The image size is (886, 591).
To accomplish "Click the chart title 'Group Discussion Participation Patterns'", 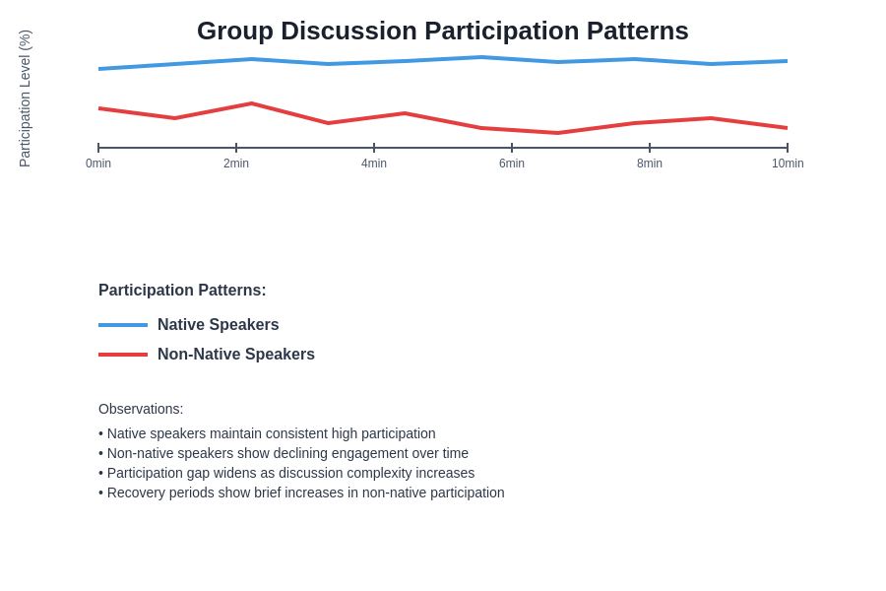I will tap(442, 31).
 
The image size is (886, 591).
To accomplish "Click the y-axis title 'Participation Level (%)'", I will tap(25, 98).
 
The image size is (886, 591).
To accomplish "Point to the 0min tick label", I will tap(98, 164).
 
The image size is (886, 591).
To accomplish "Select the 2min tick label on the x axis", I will tap(236, 164).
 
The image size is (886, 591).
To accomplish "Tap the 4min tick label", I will tap(374, 164).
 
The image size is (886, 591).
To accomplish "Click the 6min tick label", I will tap(512, 164).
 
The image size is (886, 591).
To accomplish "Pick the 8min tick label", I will tap(650, 164).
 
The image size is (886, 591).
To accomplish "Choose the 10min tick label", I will tap(788, 164).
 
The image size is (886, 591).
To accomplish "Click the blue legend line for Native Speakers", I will tap(123, 325).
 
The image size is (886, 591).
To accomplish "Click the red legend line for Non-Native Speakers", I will tap(123, 355).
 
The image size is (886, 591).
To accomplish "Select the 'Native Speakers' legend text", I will tap(218, 325).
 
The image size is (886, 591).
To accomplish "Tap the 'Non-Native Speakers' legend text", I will tap(236, 355).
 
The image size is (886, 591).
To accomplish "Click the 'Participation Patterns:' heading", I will tap(182, 291).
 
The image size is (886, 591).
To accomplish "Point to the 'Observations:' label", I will tap(141, 409).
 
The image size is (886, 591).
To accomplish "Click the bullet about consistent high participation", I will tap(267, 433).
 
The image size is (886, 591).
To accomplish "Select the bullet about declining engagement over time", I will tap(284, 453).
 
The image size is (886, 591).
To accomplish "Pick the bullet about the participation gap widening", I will tap(286, 473).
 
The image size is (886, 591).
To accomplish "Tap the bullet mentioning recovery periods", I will tap(301, 492).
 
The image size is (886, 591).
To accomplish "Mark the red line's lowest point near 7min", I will tap(558, 133).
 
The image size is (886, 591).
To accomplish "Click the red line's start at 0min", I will tap(99, 108).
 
